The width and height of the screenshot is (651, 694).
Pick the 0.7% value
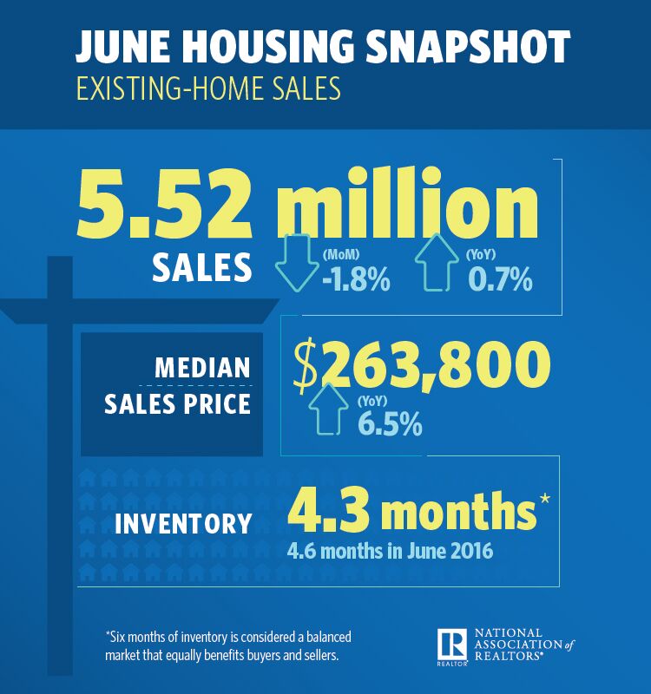498,279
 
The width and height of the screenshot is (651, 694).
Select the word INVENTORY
184,524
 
